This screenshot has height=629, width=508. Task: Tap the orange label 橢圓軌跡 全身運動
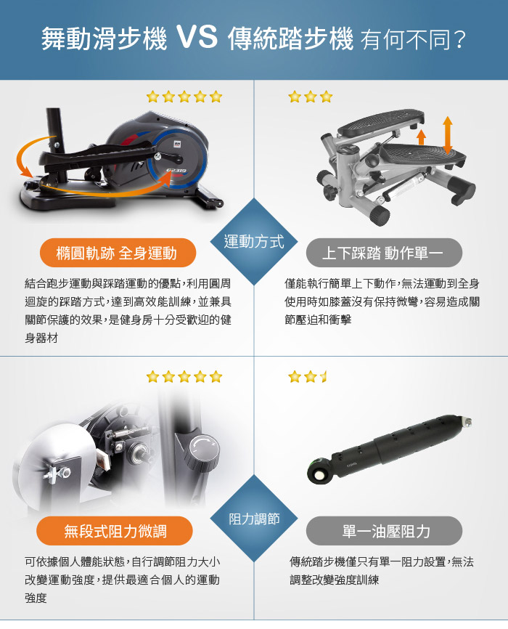click(118, 253)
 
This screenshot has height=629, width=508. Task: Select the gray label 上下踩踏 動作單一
click(384, 253)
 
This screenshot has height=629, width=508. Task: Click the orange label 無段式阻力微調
click(115, 531)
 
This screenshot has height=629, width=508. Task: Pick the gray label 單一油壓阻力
click(384, 531)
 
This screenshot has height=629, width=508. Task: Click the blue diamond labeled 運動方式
click(254, 241)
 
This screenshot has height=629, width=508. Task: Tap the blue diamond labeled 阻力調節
click(254, 519)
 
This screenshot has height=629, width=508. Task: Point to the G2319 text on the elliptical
click(176, 171)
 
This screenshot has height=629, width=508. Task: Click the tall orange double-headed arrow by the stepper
click(448, 135)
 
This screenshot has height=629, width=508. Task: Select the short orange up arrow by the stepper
click(421, 137)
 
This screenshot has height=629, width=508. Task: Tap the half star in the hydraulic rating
click(324, 377)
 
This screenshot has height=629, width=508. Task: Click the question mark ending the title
click(460, 40)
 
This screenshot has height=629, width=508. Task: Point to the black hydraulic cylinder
click(389, 447)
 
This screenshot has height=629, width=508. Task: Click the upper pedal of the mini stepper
click(380, 121)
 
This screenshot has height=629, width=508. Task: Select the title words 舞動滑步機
click(104, 38)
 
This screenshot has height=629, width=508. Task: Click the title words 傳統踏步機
click(291, 38)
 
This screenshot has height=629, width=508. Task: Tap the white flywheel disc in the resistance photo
click(52, 469)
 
